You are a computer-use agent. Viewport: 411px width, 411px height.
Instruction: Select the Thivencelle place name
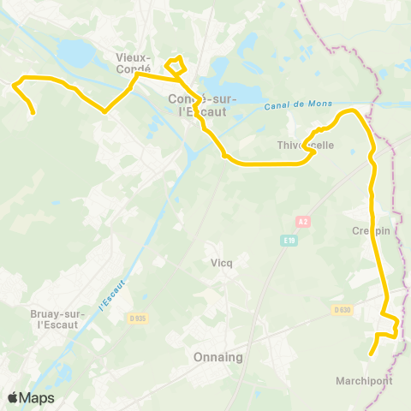307,146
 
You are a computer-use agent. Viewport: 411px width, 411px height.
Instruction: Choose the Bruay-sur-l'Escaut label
57,319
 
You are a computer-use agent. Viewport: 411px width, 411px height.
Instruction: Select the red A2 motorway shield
302,222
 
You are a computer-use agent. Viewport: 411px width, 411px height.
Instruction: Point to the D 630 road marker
342,309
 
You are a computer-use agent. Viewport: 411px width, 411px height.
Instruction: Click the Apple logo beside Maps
14,398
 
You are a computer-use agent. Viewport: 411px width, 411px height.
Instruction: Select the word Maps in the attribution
37,398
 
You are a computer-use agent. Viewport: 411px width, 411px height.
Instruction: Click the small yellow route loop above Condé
176,64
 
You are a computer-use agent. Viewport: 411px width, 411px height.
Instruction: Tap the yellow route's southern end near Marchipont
371,354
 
